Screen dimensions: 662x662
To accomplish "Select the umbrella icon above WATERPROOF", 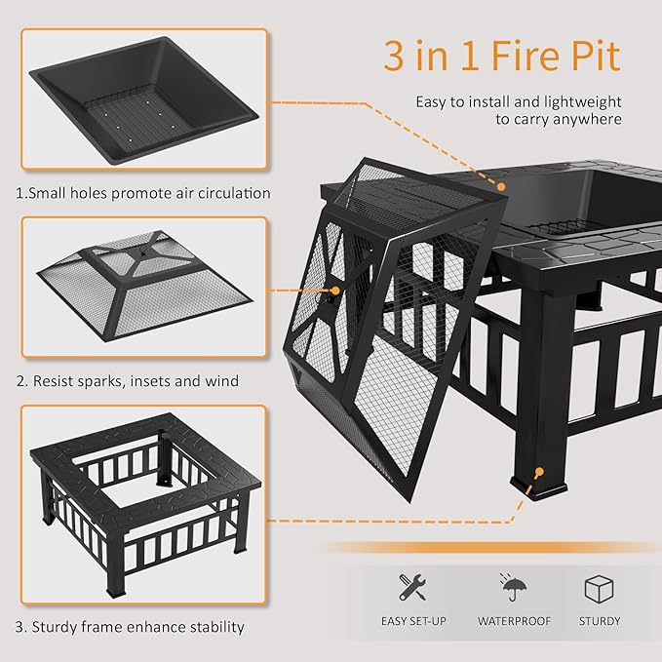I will tap(513, 588).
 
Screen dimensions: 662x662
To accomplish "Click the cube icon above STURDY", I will tap(599, 589).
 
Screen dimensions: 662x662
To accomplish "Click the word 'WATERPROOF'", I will tap(514, 621).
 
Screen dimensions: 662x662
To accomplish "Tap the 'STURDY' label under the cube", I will tap(599, 621).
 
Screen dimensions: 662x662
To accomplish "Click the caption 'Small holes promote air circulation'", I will tap(149, 193).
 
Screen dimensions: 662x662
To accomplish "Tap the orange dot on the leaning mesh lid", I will tap(336, 290).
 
